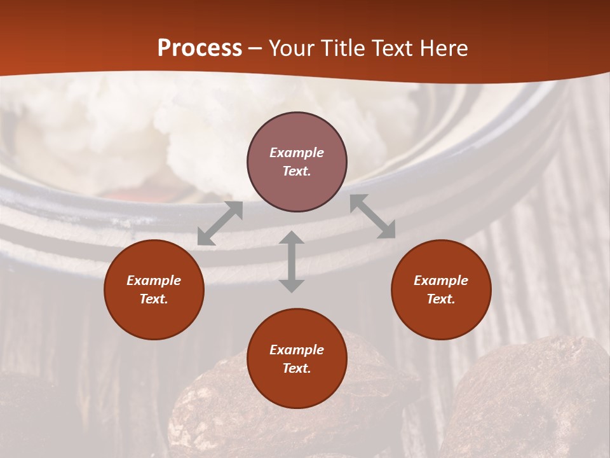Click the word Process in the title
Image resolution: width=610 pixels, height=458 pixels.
click(x=200, y=48)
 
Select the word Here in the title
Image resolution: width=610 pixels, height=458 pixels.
click(x=444, y=48)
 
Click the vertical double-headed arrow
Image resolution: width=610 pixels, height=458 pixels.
click(x=292, y=261)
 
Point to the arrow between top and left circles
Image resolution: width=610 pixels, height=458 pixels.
click(x=220, y=223)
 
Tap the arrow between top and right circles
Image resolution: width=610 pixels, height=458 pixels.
click(x=372, y=216)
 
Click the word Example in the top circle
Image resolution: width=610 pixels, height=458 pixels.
click(x=297, y=153)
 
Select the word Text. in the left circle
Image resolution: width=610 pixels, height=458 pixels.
click(x=154, y=299)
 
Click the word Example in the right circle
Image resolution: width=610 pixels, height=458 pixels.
click(x=441, y=281)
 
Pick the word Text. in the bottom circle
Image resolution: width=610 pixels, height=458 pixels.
click(x=297, y=368)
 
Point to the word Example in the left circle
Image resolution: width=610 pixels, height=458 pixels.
click(x=154, y=281)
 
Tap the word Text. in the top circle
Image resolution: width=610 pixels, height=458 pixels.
click(x=297, y=171)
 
